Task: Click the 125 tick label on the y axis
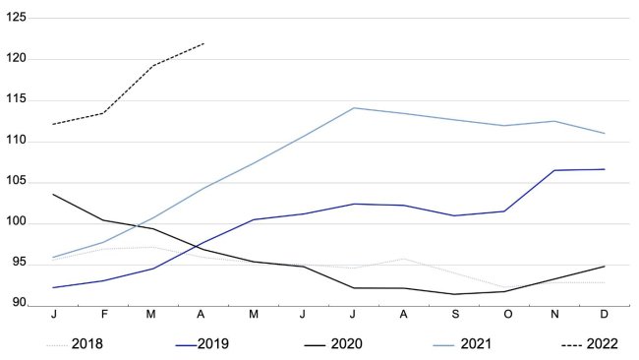(x=17, y=18)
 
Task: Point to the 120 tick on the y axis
(x=17, y=59)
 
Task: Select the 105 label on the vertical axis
(x=17, y=182)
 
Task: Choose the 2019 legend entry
(x=214, y=344)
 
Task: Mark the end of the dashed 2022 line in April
(x=203, y=43)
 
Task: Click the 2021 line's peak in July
(x=354, y=108)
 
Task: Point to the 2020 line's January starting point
(x=53, y=194)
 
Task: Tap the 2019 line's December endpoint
(x=605, y=169)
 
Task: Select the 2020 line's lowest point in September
(x=454, y=294)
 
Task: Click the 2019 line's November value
(x=554, y=170)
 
